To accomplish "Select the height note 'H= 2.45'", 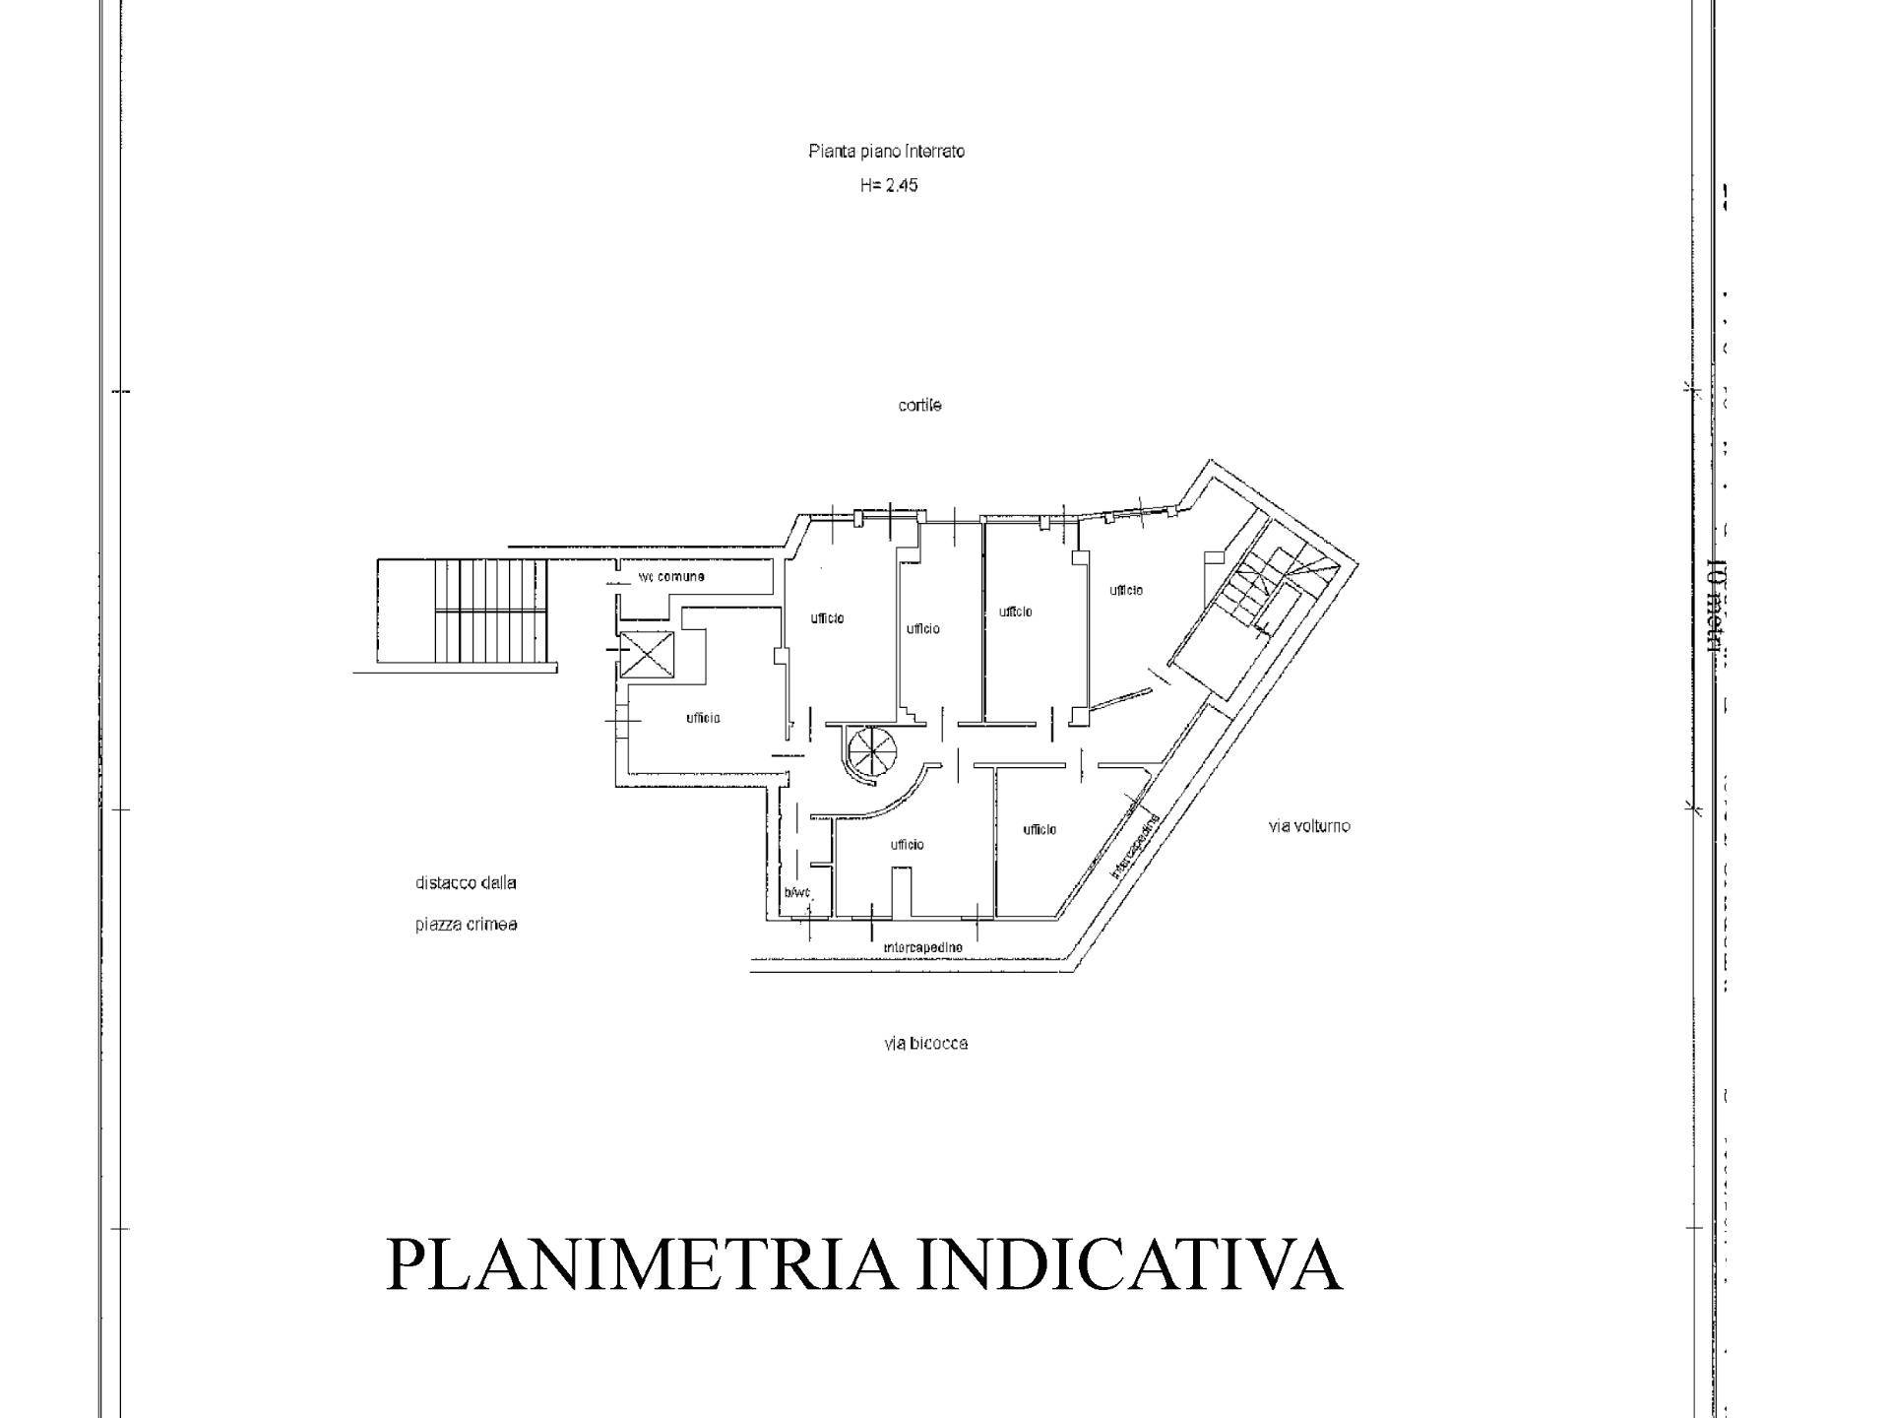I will pyautogui.click(x=888, y=185).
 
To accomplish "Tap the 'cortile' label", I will pyautogui.click(x=919, y=406).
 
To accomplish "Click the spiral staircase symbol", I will pyautogui.click(x=867, y=752).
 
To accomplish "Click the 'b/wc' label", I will pyautogui.click(x=796, y=893).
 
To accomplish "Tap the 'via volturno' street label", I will pyautogui.click(x=1308, y=826).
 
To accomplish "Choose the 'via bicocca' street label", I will pyautogui.click(x=925, y=1044).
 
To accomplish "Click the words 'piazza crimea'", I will pyautogui.click(x=466, y=926).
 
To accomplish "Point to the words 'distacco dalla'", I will pyautogui.click(x=466, y=883).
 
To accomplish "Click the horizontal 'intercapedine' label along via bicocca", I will pyautogui.click(x=922, y=947).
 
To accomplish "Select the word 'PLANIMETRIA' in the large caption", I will pyautogui.click(x=641, y=1264).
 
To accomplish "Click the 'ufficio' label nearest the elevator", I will pyautogui.click(x=703, y=718).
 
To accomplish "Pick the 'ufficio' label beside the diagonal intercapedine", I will pyautogui.click(x=1039, y=830).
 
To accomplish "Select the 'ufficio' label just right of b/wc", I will pyautogui.click(x=907, y=845).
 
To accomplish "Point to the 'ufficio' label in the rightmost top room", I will pyautogui.click(x=1126, y=591).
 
